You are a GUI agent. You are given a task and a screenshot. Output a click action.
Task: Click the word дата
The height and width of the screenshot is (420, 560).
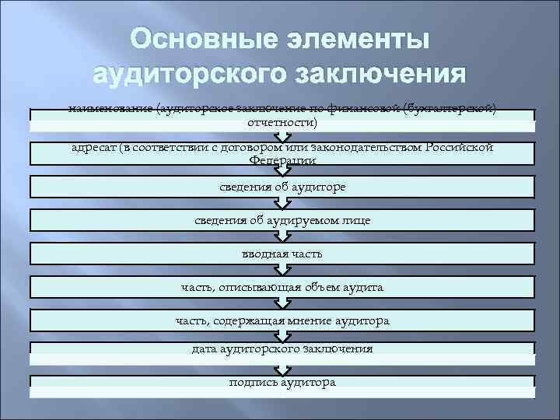coord(205,349)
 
